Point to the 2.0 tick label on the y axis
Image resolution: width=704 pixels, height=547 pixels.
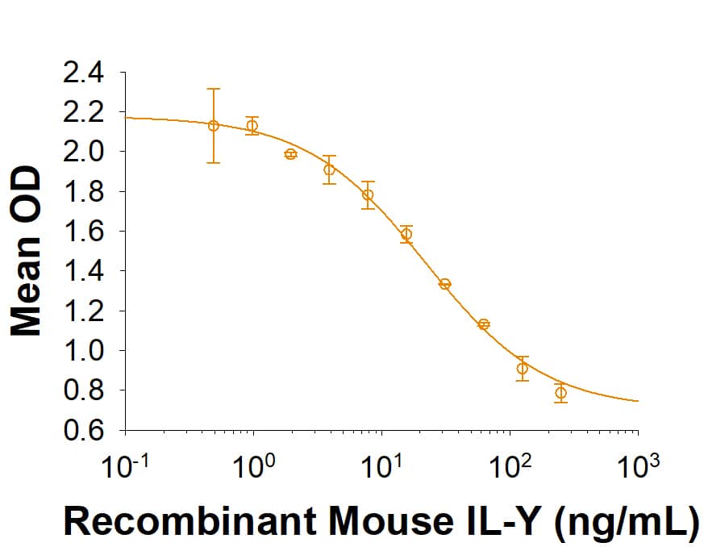point(83,152)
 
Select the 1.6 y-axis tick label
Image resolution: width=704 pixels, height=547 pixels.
point(83,232)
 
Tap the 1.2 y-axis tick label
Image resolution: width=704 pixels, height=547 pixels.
point(83,311)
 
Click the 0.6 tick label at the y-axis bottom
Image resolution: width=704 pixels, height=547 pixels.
point(83,430)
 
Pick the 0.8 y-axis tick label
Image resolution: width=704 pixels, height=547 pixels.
point(83,390)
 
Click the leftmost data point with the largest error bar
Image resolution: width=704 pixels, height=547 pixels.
point(214,125)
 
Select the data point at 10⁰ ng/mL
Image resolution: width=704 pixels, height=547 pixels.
point(252,125)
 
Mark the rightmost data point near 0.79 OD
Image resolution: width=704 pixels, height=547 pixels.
point(560,393)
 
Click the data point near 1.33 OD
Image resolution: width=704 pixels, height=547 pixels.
point(444,284)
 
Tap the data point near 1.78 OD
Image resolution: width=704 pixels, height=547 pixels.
point(368,194)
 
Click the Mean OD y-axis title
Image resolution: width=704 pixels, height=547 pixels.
point(27,252)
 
